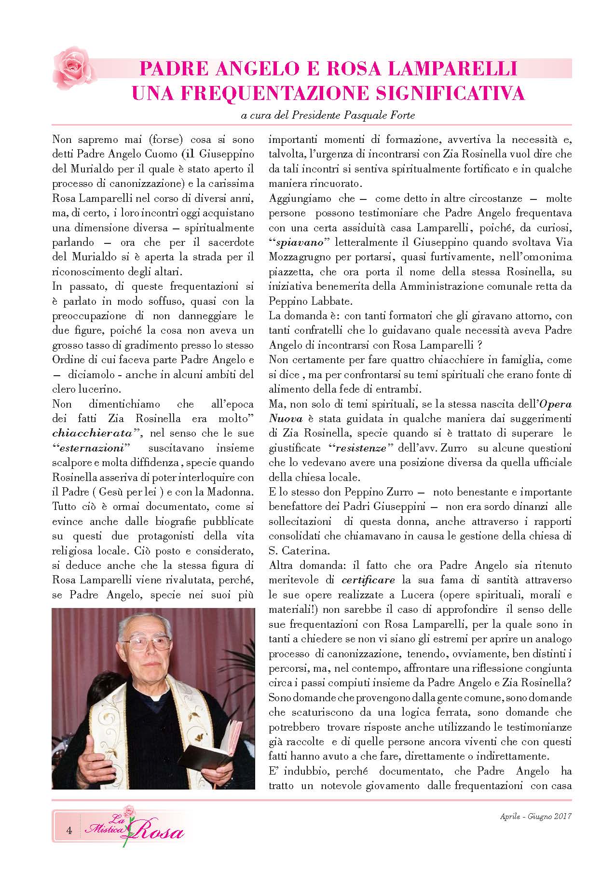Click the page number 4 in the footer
[x=69, y=831]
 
